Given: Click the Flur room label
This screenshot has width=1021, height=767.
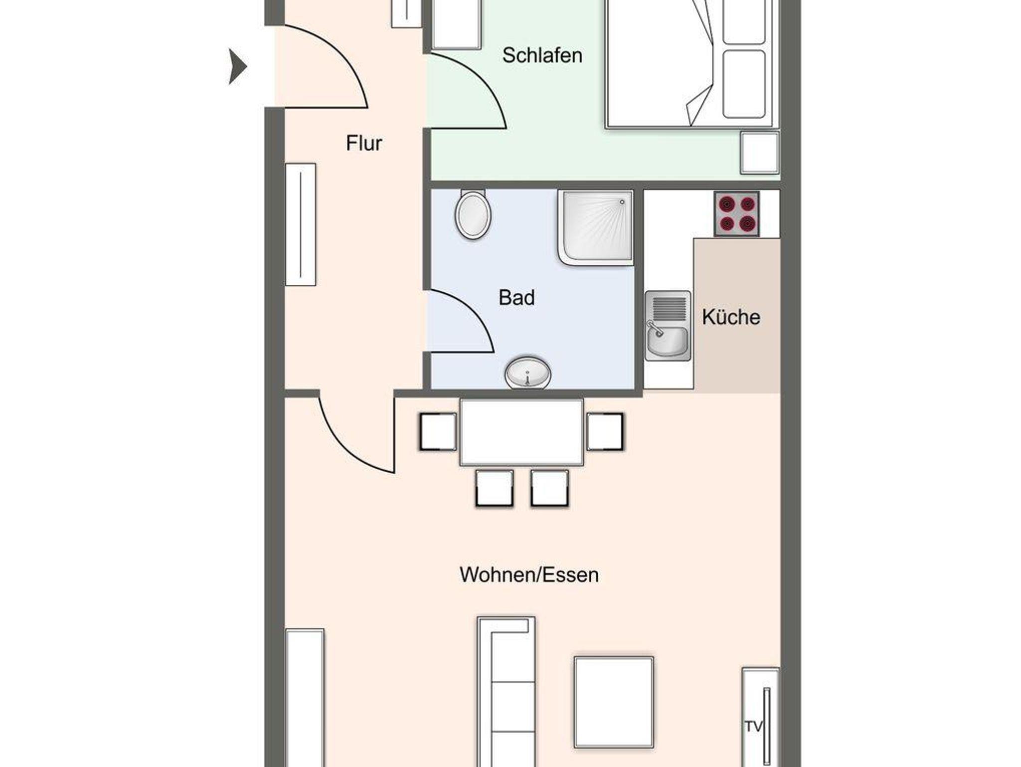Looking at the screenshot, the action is pos(364,144).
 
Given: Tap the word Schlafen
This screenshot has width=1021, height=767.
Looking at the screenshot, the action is pos(542,55).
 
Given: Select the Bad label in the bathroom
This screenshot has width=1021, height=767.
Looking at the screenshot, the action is pos(516,298).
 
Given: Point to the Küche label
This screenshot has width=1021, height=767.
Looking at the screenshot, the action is pos(731,317).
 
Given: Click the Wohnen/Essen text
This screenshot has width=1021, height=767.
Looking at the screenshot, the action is pos(529,575).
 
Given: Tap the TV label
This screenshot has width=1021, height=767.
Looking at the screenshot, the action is pos(754,727).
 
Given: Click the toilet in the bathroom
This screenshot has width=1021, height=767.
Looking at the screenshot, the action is pos(473,214).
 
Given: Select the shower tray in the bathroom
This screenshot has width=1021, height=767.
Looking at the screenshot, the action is pos(596,227).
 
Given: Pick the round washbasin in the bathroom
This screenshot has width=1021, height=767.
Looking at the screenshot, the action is pos(528,373).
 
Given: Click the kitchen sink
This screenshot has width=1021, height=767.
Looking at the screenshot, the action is pos(668,326).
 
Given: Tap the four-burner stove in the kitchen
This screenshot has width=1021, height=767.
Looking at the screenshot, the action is pos(737,213).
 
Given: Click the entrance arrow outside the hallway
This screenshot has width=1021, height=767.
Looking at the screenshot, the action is pos(238,66).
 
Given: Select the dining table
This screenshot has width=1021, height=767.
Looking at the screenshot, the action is pos(521,432).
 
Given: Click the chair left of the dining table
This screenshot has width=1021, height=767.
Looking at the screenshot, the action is pos(438,432).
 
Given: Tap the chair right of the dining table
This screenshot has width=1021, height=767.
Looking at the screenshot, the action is pos(605,432).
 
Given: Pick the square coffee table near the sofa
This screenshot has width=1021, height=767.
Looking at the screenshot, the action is pos(614,702).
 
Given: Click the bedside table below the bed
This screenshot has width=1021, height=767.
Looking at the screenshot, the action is pos(759,153).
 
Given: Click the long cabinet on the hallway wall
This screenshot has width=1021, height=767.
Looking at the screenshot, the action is pos(301,224).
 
